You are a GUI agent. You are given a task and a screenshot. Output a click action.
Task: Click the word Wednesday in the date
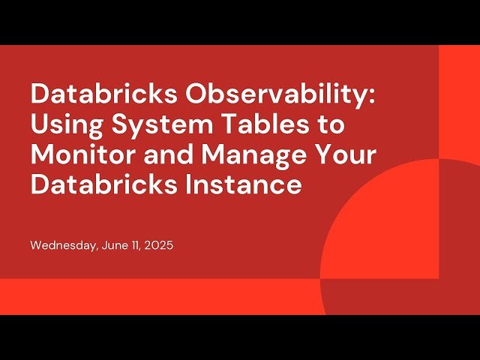tap(62, 245)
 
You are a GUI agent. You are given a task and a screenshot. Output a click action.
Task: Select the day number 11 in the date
tap(136, 245)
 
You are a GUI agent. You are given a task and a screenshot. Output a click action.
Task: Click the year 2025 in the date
tap(159, 245)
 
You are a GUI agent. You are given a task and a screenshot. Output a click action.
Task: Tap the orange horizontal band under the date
tap(150, 296)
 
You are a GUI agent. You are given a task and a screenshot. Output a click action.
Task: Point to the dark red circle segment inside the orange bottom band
tap(390, 296)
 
